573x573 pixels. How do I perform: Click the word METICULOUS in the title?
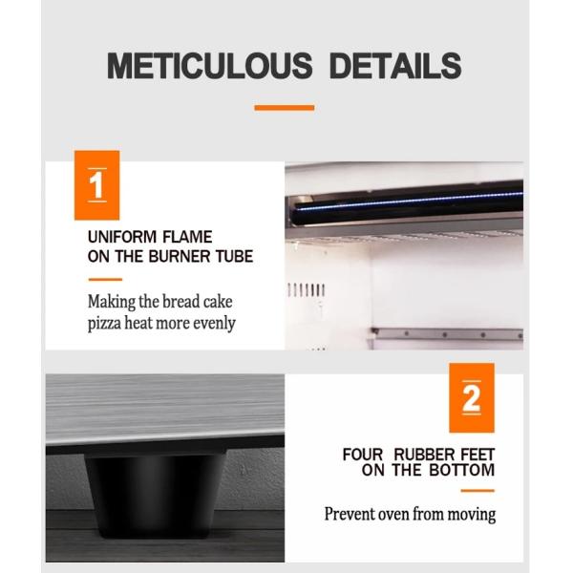point(210,66)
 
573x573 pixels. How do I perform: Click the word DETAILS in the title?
point(395,66)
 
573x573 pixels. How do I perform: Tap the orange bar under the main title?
point(285,107)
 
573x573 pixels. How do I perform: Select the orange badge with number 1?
point(96,185)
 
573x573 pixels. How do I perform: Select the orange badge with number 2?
point(472,397)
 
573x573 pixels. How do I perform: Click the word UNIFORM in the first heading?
point(121,237)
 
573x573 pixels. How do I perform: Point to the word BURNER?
point(180,256)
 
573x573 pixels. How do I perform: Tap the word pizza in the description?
point(104,324)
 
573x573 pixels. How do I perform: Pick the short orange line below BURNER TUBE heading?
point(105,280)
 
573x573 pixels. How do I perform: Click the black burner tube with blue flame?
point(408,202)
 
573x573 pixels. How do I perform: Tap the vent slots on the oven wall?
point(307,290)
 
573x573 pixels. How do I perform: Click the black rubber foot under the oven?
point(156,495)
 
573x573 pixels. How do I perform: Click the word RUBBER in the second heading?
point(424,455)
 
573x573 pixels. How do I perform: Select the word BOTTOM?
point(462,470)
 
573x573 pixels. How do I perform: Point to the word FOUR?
point(363,455)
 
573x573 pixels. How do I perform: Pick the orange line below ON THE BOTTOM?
point(477,491)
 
